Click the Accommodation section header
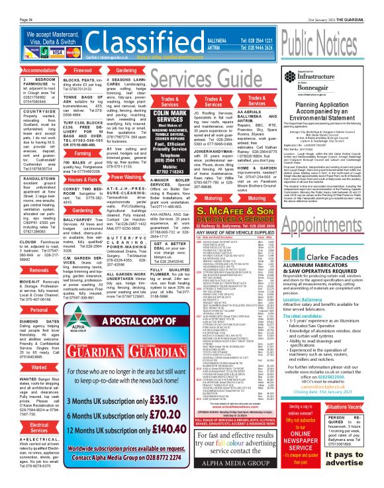21,70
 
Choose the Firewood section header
73,70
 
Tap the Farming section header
73,153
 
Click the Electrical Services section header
21,426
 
